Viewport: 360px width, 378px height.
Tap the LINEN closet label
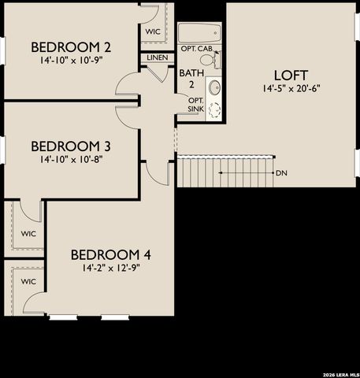pyautogui.click(x=156, y=57)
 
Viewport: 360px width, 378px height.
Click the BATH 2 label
pyautogui.click(x=191, y=79)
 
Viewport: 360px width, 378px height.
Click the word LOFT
pyautogui.click(x=291, y=76)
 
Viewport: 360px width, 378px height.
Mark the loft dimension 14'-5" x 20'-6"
pyautogui.click(x=291, y=89)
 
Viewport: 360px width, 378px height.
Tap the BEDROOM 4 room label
pyautogui.click(x=110, y=255)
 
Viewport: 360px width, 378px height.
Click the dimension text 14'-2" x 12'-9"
pyautogui.click(x=110, y=269)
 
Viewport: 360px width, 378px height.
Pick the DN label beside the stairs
pyautogui.click(x=281, y=172)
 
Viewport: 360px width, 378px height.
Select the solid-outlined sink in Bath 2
pyautogui.click(x=214, y=85)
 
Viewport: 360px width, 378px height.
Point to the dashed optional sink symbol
pyautogui.click(x=214, y=109)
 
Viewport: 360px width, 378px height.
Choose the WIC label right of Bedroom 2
pyautogui.click(x=153, y=31)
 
